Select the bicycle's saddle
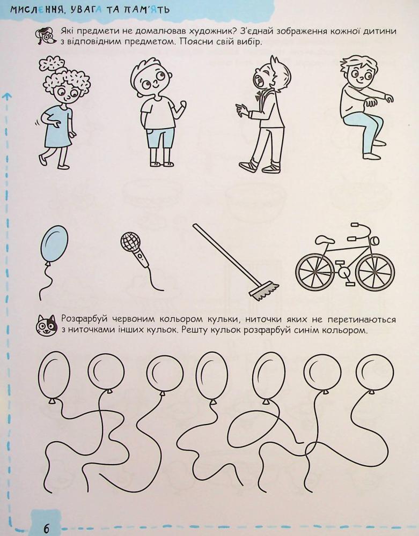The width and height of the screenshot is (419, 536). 325,240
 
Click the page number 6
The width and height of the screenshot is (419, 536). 46,528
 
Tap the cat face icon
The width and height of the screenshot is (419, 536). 47,325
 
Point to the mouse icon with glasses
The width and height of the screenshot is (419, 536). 46,35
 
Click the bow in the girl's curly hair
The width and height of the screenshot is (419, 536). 52,64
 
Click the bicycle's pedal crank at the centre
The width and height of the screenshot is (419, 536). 344,272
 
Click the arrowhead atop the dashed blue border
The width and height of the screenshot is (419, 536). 6,96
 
